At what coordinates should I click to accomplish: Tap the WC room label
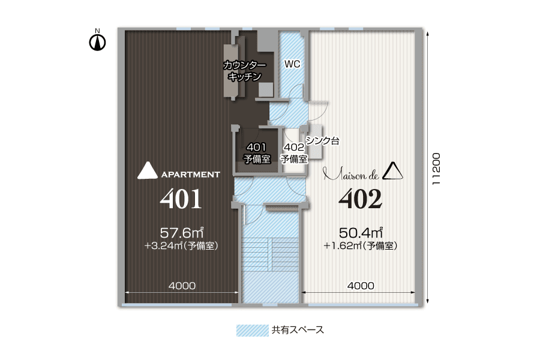point(292,64)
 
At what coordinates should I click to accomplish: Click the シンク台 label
point(323,142)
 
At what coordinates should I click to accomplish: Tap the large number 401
point(181,200)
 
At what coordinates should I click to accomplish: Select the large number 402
point(361,200)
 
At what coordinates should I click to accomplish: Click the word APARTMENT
point(191,175)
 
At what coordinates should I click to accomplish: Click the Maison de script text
point(350,175)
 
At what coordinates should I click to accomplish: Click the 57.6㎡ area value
point(183,232)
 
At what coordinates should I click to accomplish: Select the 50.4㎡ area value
point(361,232)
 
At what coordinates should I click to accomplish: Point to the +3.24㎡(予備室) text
point(181,245)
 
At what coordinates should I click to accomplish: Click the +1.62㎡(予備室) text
point(361,245)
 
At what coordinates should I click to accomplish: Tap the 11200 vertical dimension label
point(437,169)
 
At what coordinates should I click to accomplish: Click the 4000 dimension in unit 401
point(181,286)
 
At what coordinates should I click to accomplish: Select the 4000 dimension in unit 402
point(361,286)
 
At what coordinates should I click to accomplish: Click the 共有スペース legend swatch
point(251,331)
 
